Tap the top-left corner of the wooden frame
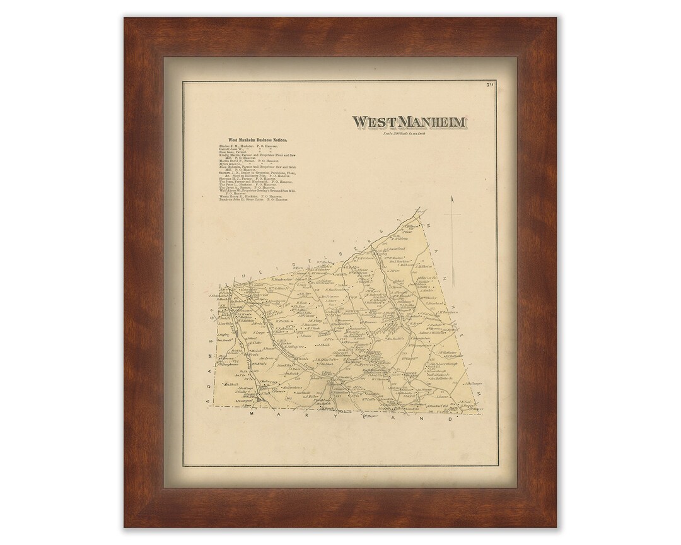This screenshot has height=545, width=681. coord(124,17)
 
